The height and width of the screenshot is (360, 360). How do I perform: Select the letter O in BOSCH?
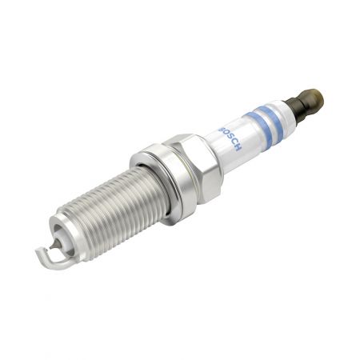(x=226, y=132)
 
